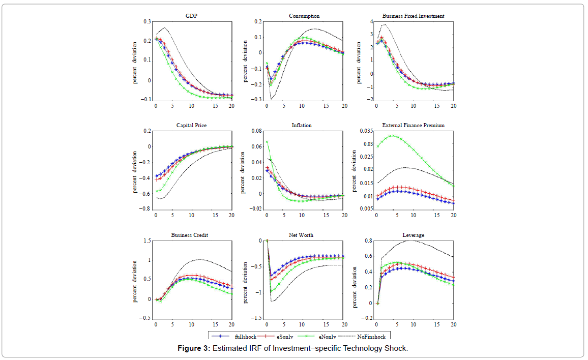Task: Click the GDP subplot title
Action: point(192,16)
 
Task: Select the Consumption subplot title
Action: point(304,16)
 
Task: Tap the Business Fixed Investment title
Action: point(413,16)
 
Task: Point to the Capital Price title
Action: point(191,125)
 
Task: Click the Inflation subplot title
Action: point(302,125)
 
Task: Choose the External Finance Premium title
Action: point(413,125)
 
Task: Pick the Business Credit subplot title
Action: point(190,235)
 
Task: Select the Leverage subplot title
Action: point(414,235)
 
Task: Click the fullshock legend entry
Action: point(244,336)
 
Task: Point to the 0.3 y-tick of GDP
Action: point(146,22)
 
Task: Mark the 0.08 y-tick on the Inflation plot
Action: point(256,131)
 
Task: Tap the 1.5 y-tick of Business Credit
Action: point(146,241)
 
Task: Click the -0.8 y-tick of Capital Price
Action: point(145,209)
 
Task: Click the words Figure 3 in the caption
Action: point(193,348)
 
